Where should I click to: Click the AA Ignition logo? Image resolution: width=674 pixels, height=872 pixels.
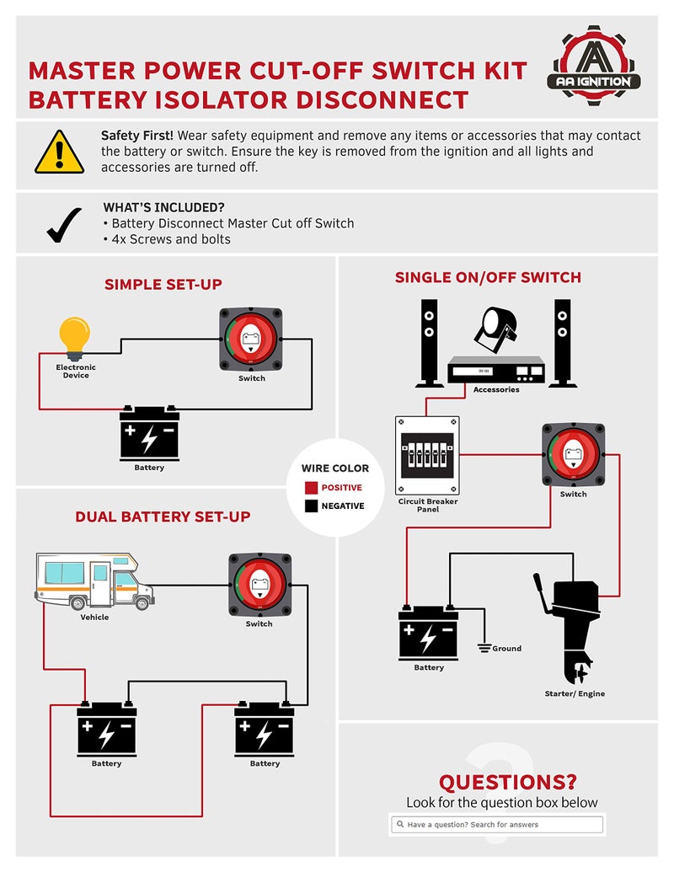click(597, 68)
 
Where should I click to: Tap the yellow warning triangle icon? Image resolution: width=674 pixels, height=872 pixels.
click(60, 152)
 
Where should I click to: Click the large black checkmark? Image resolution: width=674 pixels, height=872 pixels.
click(64, 225)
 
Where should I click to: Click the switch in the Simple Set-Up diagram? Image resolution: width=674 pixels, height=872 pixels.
click(251, 339)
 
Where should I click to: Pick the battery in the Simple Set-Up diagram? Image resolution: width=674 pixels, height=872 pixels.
click(149, 433)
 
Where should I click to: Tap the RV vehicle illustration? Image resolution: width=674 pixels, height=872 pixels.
click(94, 581)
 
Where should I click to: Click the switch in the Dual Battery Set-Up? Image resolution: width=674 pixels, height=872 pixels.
click(259, 585)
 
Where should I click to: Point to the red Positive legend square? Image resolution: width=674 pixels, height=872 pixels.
click(311, 488)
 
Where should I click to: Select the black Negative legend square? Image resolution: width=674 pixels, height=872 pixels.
click(311, 506)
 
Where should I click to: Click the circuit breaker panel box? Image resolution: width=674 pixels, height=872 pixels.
click(427, 456)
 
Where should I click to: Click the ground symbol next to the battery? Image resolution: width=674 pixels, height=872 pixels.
click(484, 647)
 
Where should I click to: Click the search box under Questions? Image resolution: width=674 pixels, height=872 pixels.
click(496, 824)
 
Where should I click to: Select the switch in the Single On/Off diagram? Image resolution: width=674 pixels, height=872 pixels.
click(573, 455)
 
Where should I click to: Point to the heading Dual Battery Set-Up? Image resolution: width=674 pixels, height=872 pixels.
click(163, 516)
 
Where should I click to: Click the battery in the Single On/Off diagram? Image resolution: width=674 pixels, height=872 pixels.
click(428, 632)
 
